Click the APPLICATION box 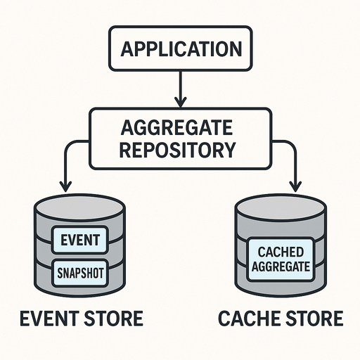pyautogui.click(x=181, y=49)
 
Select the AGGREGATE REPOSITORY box pyautogui.click(x=181, y=139)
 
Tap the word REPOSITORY pyautogui.click(x=177, y=150)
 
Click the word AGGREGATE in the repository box pyautogui.click(x=176, y=127)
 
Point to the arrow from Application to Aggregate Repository pyautogui.click(x=181, y=89)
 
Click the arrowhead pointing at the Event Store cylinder pyautogui.click(x=66, y=186)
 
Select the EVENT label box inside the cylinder pyautogui.click(x=80, y=240)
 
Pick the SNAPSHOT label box pyautogui.click(x=80, y=273)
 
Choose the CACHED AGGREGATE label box pyautogui.click(x=281, y=259)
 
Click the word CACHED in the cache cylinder pyautogui.click(x=281, y=252)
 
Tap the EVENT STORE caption pyautogui.click(x=82, y=318)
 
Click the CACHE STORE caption pyautogui.click(x=281, y=318)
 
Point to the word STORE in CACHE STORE pyautogui.click(x=314, y=318)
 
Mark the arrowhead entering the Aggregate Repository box pyautogui.click(x=181, y=102)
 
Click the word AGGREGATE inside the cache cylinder pyautogui.click(x=281, y=266)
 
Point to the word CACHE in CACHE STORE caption pyautogui.click(x=248, y=318)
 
